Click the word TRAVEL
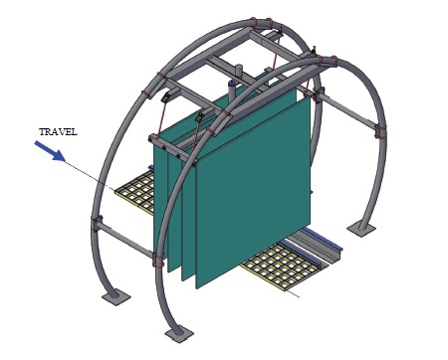(58, 132)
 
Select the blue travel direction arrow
(50, 151)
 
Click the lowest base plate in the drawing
(179, 334)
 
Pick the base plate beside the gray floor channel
(361, 229)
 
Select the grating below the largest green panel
(282, 265)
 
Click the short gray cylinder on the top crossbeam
(239, 71)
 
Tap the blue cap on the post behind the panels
(233, 83)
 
